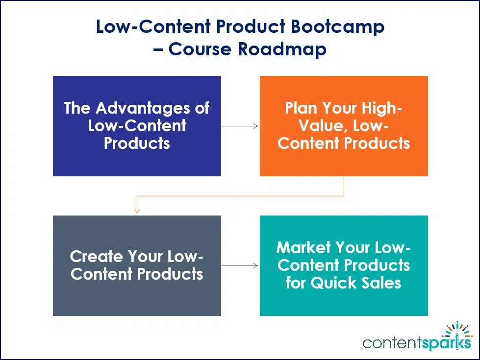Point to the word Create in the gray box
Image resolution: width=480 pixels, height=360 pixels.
point(96,256)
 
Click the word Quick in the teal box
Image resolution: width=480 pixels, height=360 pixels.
point(333,283)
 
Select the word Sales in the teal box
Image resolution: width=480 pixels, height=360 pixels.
point(382,283)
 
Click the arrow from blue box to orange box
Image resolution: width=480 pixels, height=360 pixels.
point(240,126)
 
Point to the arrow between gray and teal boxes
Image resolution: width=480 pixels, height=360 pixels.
point(240,265)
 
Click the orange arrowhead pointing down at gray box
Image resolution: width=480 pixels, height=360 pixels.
point(137,210)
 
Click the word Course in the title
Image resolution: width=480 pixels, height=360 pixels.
point(202,49)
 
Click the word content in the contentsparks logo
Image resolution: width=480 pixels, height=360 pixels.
point(394,343)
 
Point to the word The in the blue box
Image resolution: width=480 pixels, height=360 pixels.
point(77,108)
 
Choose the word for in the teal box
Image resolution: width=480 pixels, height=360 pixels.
point(296,283)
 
